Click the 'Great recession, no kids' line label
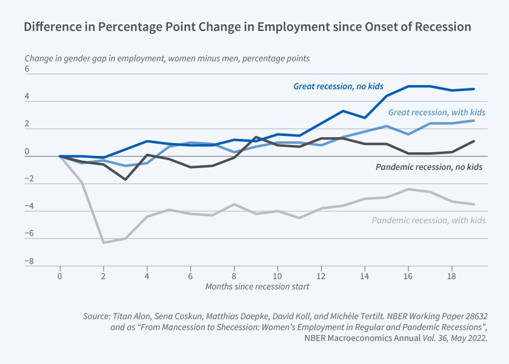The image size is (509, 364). click(338, 86)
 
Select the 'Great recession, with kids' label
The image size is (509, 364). click(436, 112)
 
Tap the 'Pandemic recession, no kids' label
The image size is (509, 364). click(428, 167)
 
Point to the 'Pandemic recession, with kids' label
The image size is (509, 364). click(428, 220)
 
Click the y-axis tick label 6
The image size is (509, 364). click(27, 69)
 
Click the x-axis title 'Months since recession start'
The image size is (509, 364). click(257, 286)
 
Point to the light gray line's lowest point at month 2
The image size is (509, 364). click(104, 243)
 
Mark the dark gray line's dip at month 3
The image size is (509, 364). click(125, 180)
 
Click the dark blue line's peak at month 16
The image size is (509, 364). click(408, 86)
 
